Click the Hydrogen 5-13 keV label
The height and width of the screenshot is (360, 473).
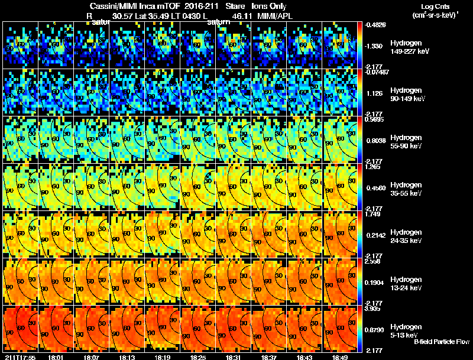pyautogui.click(x=405, y=330)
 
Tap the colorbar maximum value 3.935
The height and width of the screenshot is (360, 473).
pyautogui.click(x=374, y=309)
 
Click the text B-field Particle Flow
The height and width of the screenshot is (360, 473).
pyautogui.click(x=441, y=342)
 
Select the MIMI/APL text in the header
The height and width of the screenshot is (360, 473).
pyautogui.click(x=275, y=15)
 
